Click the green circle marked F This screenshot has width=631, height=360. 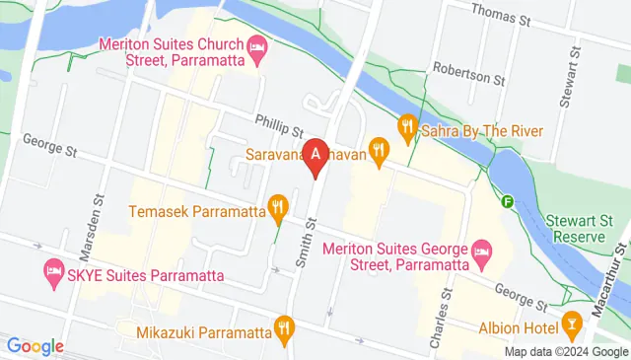tap(508, 201)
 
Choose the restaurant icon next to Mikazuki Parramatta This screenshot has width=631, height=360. tap(284, 327)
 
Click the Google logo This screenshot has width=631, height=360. tap(35, 346)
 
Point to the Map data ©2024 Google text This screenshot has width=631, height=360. tap(566, 352)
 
